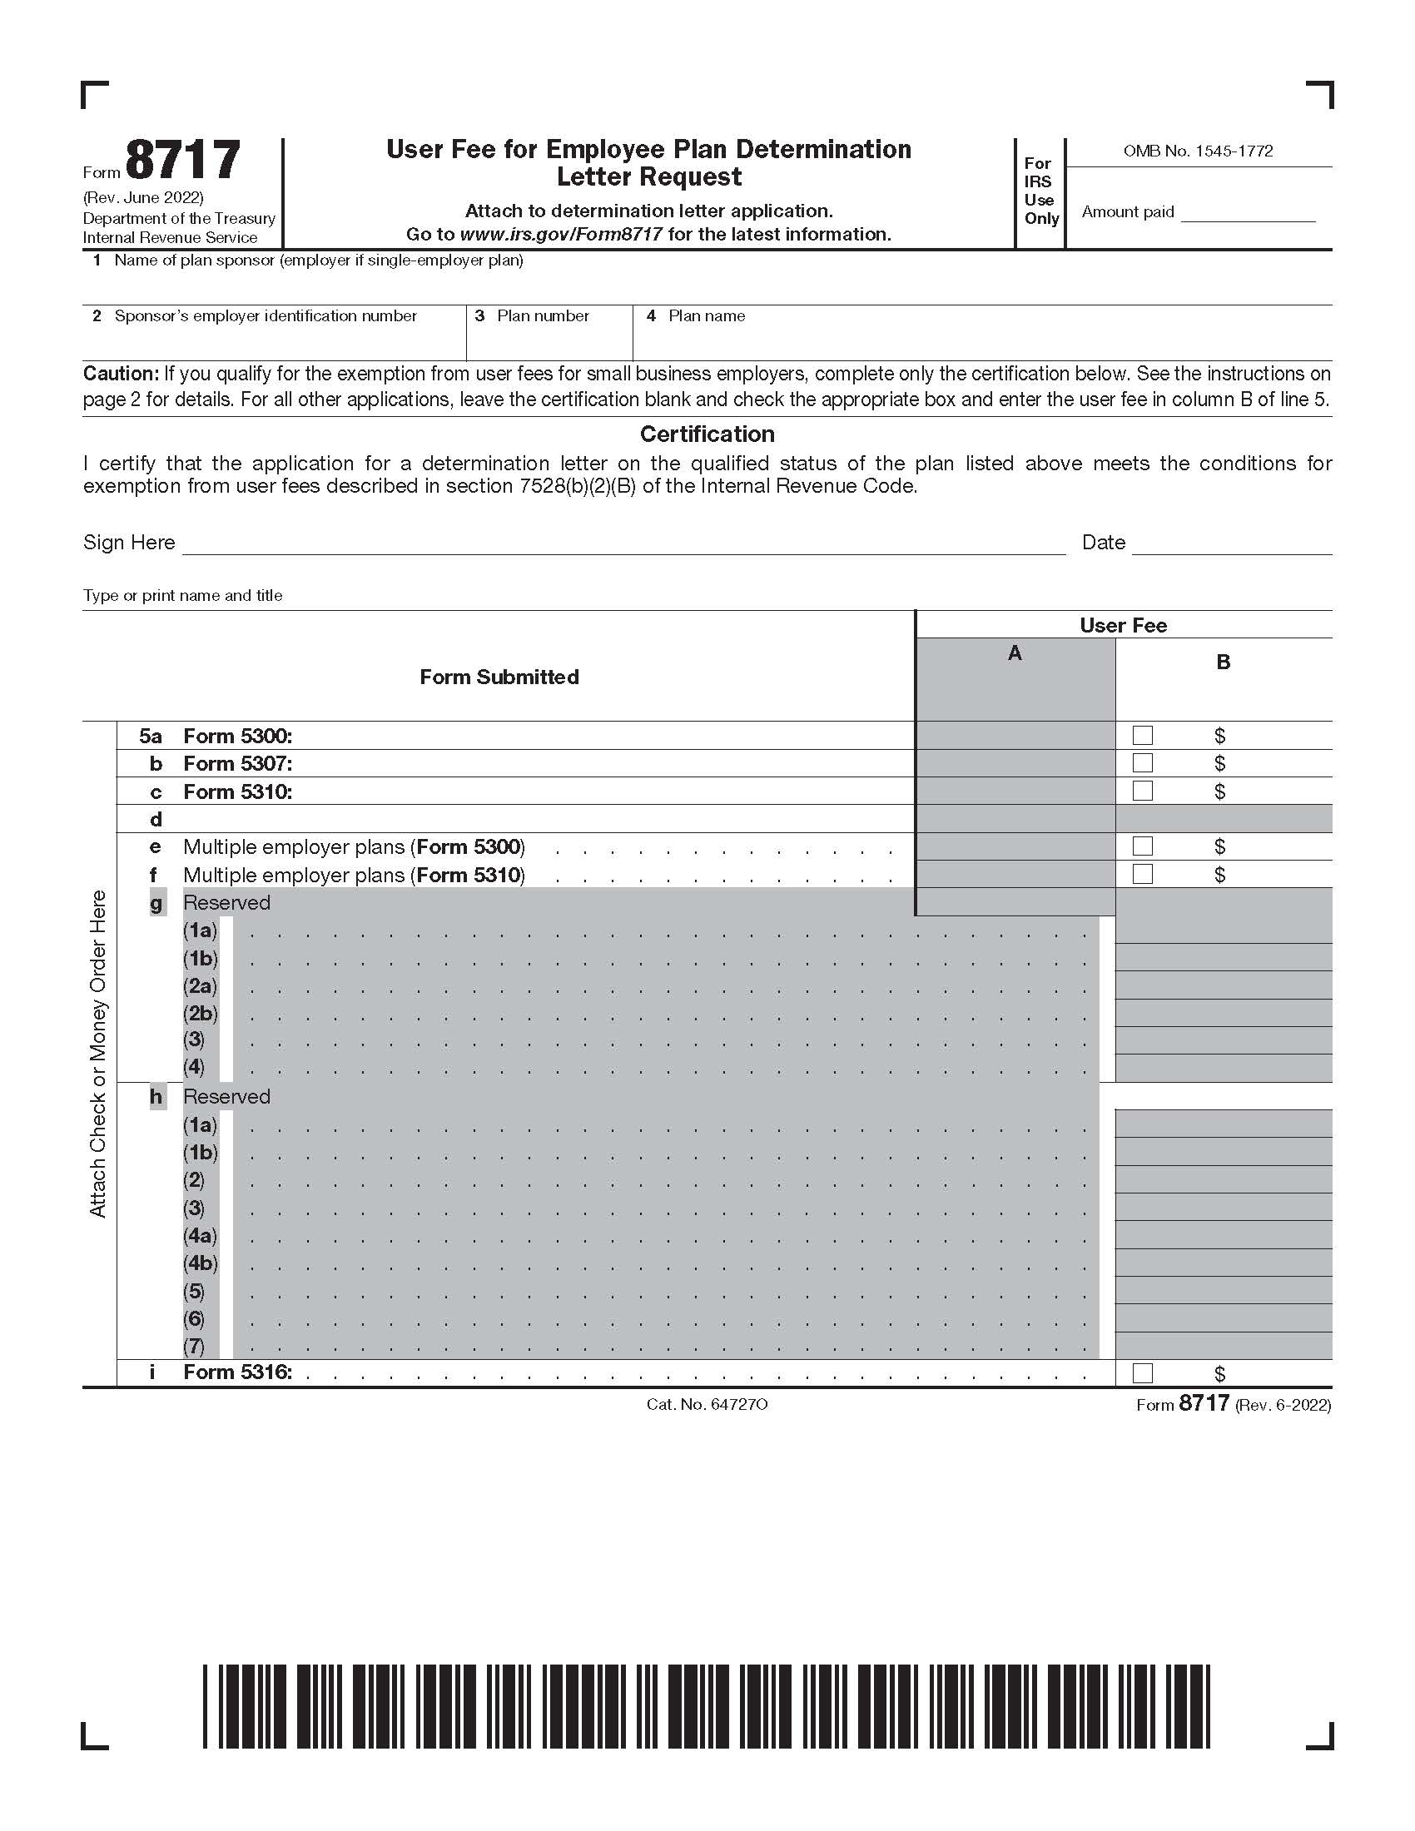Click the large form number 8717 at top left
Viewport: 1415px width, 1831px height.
pyautogui.click(x=183, y=161)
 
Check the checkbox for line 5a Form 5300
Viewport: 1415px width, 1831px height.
pyautogui.click(x=1142, y=735)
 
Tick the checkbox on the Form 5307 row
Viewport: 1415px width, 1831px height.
pyautogui.click(x=1142, y=763)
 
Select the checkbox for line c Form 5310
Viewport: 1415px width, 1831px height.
pyautogui.click(x=1142, y=791)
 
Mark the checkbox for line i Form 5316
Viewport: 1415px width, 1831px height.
pyautogui.click(x=1142, y=1372)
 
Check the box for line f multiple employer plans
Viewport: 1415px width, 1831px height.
pyautogui.click(x=1142, y=874)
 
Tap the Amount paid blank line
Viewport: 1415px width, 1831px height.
pyautogui.click(x=1248, y=214)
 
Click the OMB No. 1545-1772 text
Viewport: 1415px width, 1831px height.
pyautogui.click(x=1197, y=151)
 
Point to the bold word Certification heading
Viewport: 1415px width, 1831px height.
pyautogui.click(x=707, y=434)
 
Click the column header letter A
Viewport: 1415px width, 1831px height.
pyautogui.click(x=1015, y=653)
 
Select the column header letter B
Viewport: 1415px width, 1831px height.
pyautogui.click(x=1222, y=662)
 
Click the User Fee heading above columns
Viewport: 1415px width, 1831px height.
pyautogui.click(x=1123, y=625)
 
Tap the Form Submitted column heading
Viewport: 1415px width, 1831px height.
pyautogui.click(x=499, y=677)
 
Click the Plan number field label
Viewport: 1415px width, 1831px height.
pyautogui.click(x=543, y=316)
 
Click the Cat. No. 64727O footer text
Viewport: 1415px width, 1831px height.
pyautogui.click(x=707, y=1403)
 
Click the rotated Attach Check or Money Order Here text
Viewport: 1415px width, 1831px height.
pyautogui.click(x=98, y=1053)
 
